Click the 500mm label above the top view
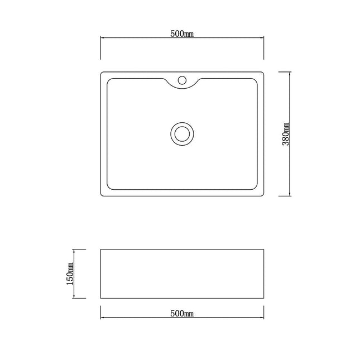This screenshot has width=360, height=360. coord(181,33)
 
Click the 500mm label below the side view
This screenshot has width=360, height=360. coord(181,314)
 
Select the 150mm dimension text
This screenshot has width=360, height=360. coord(70,273)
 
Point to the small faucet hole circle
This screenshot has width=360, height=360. coord(181,80)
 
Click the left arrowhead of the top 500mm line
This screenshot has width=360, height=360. coord(103,38)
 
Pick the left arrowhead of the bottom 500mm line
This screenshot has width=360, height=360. coord(103,318)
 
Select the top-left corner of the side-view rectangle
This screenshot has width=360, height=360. coord(100,249)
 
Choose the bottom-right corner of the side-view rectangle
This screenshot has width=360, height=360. coord(263,298)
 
